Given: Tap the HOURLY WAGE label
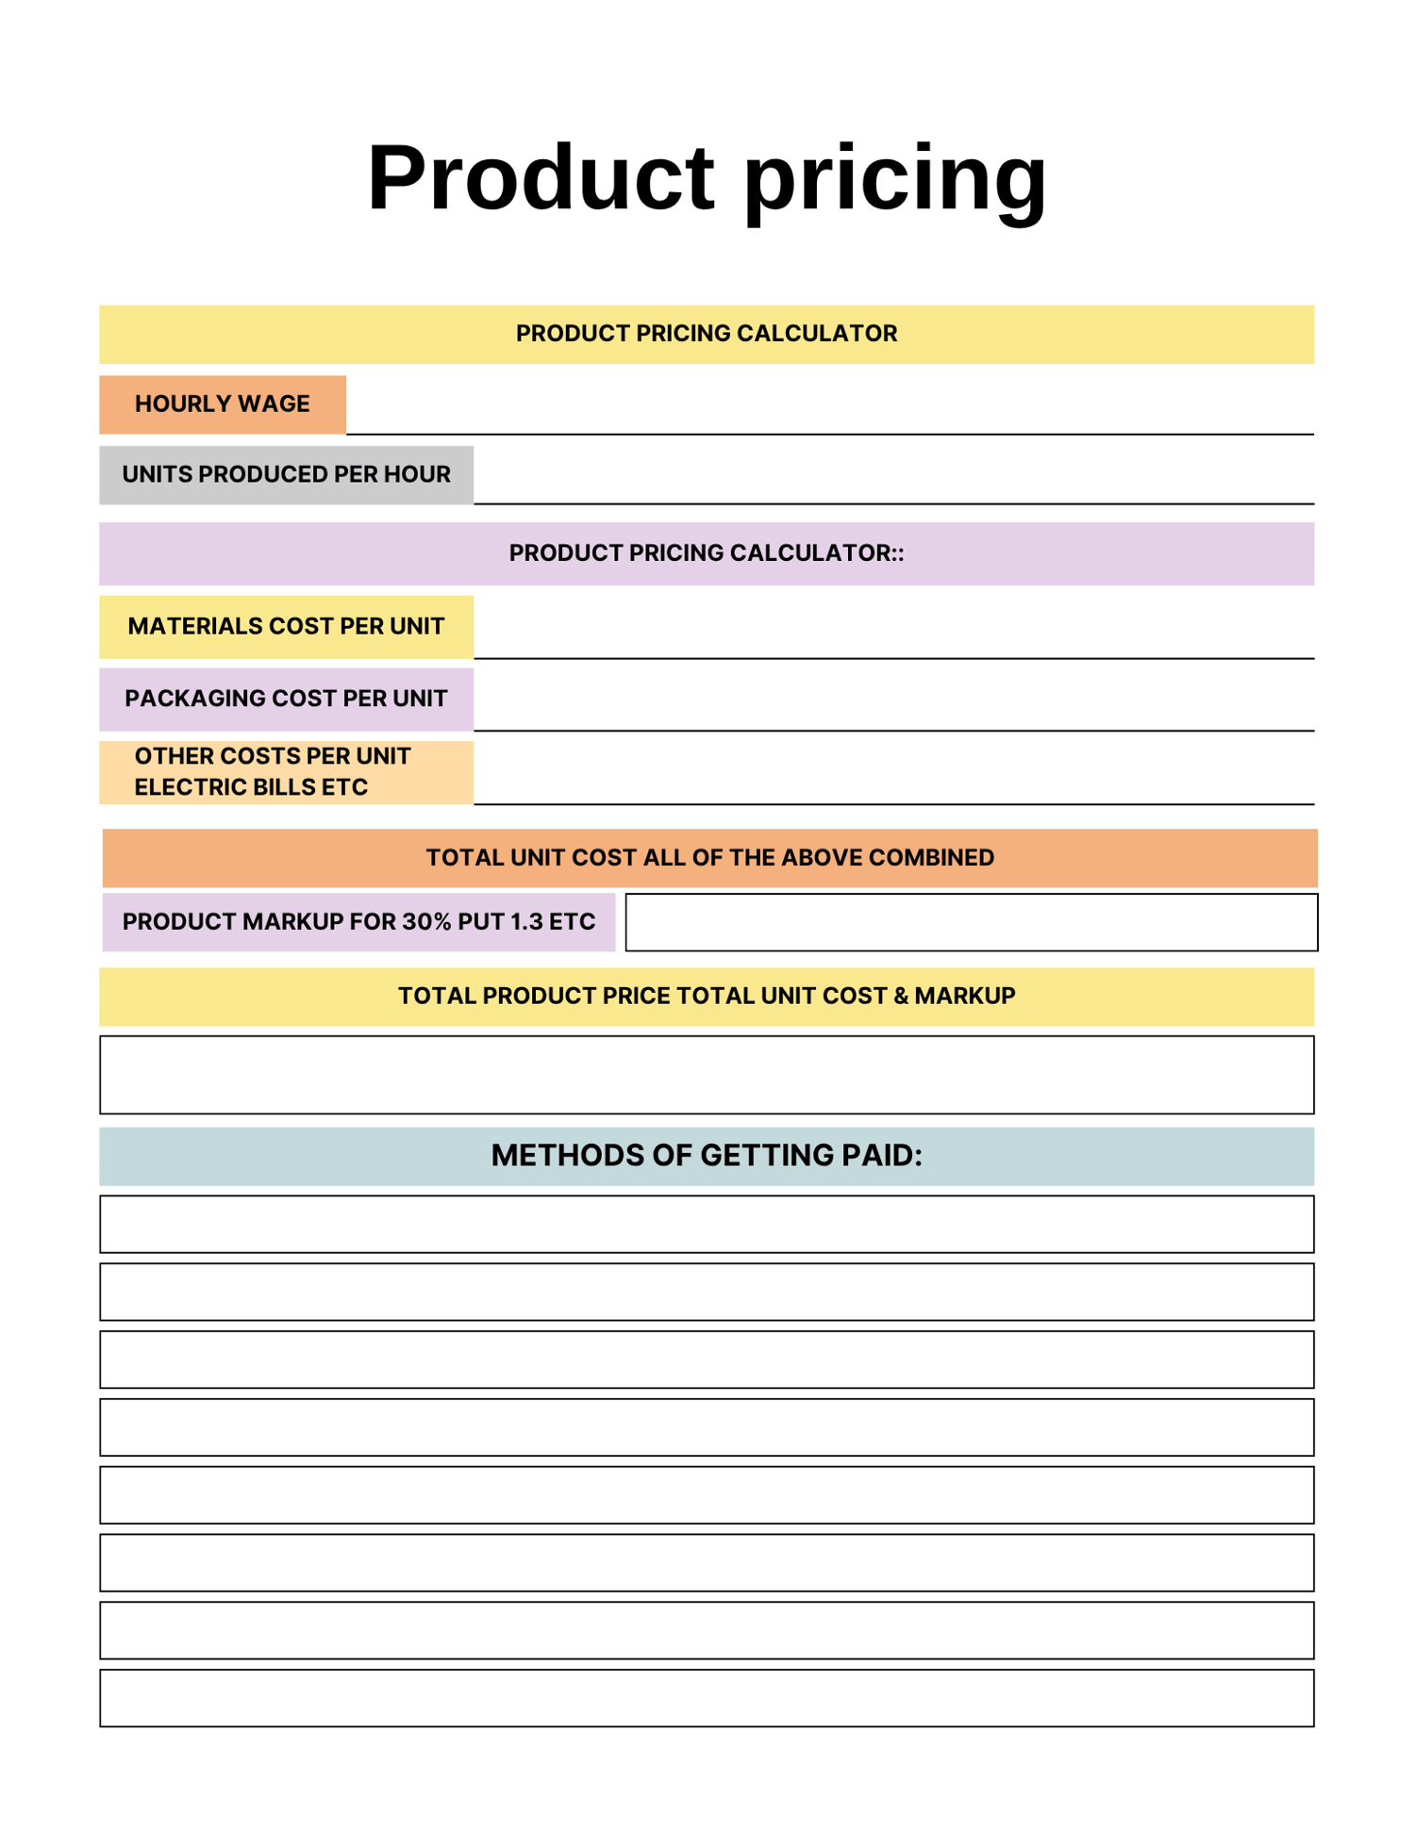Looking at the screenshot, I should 223,404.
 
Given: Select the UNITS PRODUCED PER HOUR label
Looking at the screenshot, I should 286,474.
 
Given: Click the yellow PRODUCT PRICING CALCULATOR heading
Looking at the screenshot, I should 707,334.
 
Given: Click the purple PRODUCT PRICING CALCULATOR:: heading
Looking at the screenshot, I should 707,553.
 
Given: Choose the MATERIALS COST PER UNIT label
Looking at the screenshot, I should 286,626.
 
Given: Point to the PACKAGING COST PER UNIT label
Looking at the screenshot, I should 286,699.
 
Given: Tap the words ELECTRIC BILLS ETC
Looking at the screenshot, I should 251,787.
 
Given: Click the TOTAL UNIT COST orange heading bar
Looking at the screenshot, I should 709,858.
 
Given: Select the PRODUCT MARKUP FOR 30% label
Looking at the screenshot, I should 358,922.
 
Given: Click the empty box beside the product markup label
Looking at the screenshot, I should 972,923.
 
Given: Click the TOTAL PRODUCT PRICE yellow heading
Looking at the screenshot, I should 707,997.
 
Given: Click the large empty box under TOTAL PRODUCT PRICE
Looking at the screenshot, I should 707,1076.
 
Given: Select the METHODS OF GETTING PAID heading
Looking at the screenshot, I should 707,1156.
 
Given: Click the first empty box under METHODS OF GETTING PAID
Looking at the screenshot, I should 707,1225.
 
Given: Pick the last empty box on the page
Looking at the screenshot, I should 707,1699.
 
